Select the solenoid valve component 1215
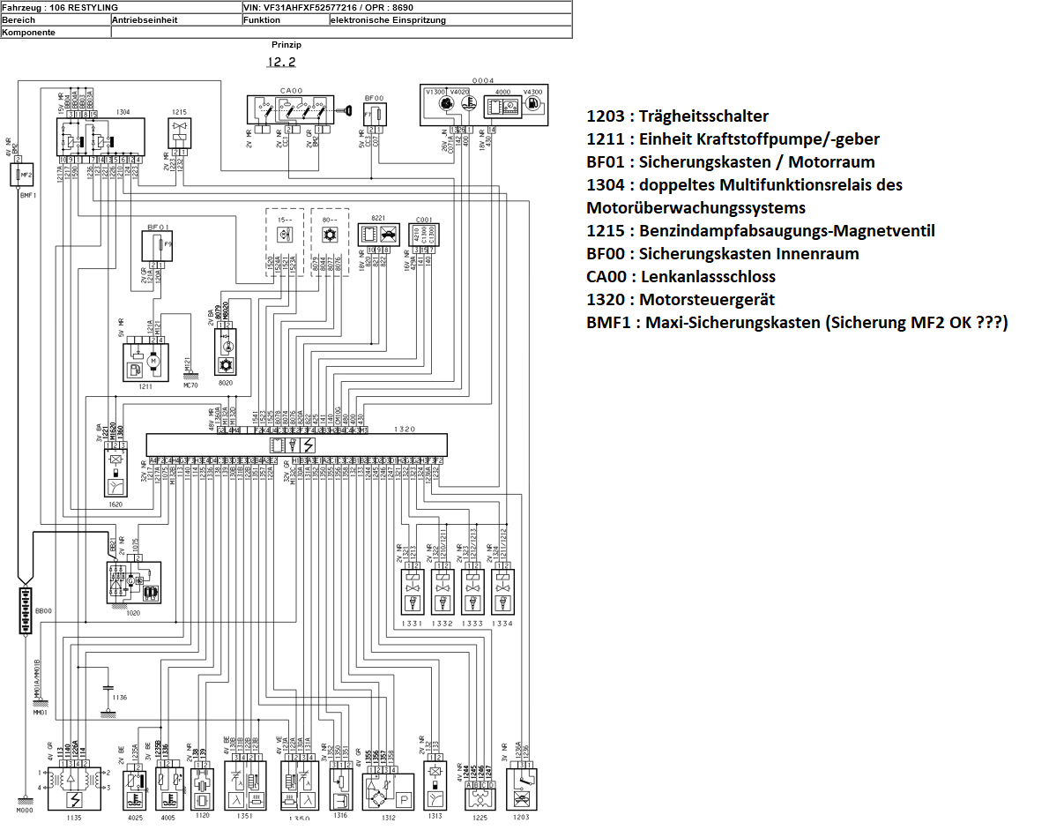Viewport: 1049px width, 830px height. [x=181, y=133]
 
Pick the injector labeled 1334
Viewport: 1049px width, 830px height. [x=502, y=592]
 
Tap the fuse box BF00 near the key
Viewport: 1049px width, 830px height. [x=375, y=115]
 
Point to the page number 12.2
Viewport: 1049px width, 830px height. [x=281, y=63]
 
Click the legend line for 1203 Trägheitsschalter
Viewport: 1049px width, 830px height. [x=677, y=116]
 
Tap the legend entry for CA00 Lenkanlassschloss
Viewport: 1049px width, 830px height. [x=681, y=277]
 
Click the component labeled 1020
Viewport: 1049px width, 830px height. [x=133, y=582]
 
